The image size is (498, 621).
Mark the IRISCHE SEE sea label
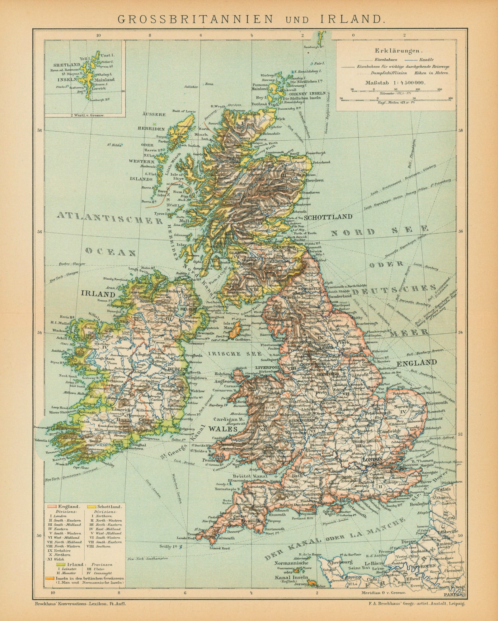(224, 354)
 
